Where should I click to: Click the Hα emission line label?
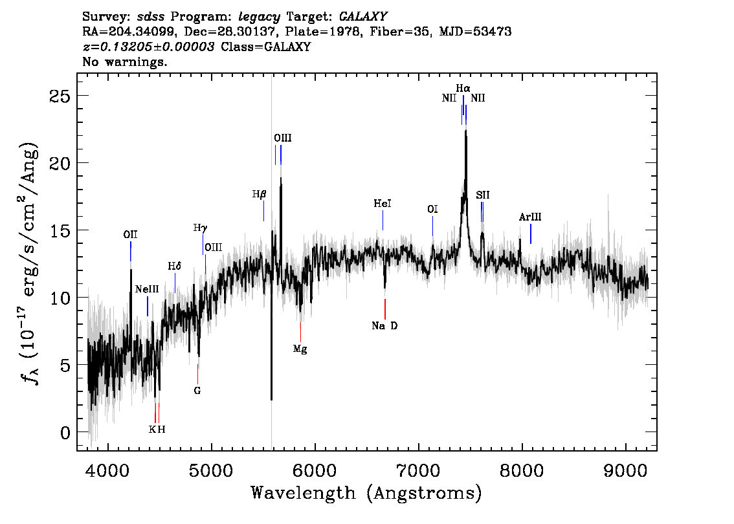click(x=463, y=88)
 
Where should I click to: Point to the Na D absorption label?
click(x=384, y=325)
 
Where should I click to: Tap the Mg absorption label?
click(x=300, y=349)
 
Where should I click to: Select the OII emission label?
click(x=130, y=234)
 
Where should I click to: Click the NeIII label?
click(x=147, y=289)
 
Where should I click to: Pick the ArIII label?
click(x=530, y=217)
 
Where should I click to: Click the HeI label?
click(x=383, y=204)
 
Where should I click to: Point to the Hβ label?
click(x=260, y=194)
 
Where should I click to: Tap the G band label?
click(x=197, y=390)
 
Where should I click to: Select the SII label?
click(x=483, y=195)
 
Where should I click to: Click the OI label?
click(x=432, y=209)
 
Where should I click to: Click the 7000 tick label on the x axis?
click(x=418, y=470)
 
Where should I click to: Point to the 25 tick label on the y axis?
click(x=60, y=96)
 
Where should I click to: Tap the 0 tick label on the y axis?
click(x=65, y=433)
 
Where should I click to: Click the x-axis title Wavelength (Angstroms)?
click(x=366, y=493)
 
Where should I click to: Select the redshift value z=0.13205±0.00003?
click(x=149, y=47)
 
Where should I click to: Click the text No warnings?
click(x=124, y=61)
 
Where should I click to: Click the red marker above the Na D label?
click(x=384, y=309)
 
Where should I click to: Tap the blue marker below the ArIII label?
click(x=530, y=234)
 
